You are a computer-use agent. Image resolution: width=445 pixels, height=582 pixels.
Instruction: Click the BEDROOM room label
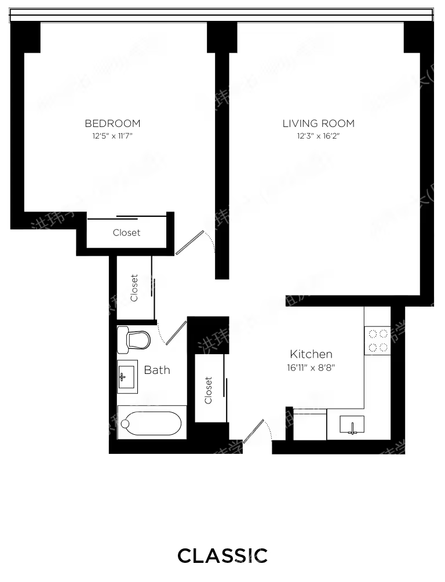point(112,123)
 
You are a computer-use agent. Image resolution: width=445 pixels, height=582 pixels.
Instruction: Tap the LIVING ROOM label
point(318,123)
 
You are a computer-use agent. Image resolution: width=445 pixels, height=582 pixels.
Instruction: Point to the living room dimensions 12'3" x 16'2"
point(318,137)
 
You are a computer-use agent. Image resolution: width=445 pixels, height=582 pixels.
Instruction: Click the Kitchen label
point(311,354)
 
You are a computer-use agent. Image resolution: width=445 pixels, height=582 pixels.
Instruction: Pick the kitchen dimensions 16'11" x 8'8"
point(311,368)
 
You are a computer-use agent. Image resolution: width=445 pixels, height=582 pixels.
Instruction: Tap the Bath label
point(157,370)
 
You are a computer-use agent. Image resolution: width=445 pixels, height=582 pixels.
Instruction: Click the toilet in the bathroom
point(133,339)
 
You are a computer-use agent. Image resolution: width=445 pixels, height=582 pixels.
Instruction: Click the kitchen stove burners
point(378,340)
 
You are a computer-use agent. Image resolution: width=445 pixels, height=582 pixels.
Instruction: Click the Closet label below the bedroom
point(126,232)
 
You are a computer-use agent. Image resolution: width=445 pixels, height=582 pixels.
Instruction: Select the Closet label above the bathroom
point(134,288)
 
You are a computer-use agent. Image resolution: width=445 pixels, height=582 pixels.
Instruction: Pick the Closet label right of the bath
point(209,390)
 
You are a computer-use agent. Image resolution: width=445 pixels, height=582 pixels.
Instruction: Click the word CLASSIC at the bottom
point(222,555)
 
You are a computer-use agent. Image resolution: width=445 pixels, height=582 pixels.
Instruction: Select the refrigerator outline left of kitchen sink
point(310,425)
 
